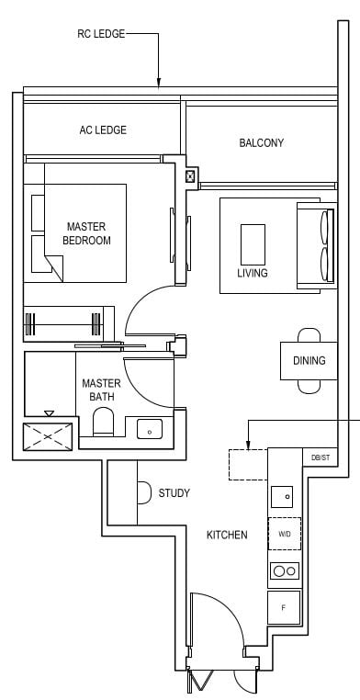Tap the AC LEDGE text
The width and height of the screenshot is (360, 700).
coord(102,130)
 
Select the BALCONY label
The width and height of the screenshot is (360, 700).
coord(261,143)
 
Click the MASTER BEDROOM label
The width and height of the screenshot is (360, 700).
coord(86,233)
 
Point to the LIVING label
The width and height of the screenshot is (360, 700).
coord(252,274)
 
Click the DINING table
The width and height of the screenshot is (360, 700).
coord(309,360)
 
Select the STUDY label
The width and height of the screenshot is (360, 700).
coord(174,493)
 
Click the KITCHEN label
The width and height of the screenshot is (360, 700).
coord(226,535)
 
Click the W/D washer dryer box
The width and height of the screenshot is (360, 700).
coord(284,533)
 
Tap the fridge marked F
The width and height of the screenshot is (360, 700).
coord(283,607)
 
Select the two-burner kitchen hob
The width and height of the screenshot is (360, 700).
coord(284,570)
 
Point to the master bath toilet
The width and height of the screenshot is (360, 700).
coord(103,424)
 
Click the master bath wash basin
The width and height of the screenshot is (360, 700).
coord(150,428)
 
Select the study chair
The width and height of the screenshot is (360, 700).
coord(144,493)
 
